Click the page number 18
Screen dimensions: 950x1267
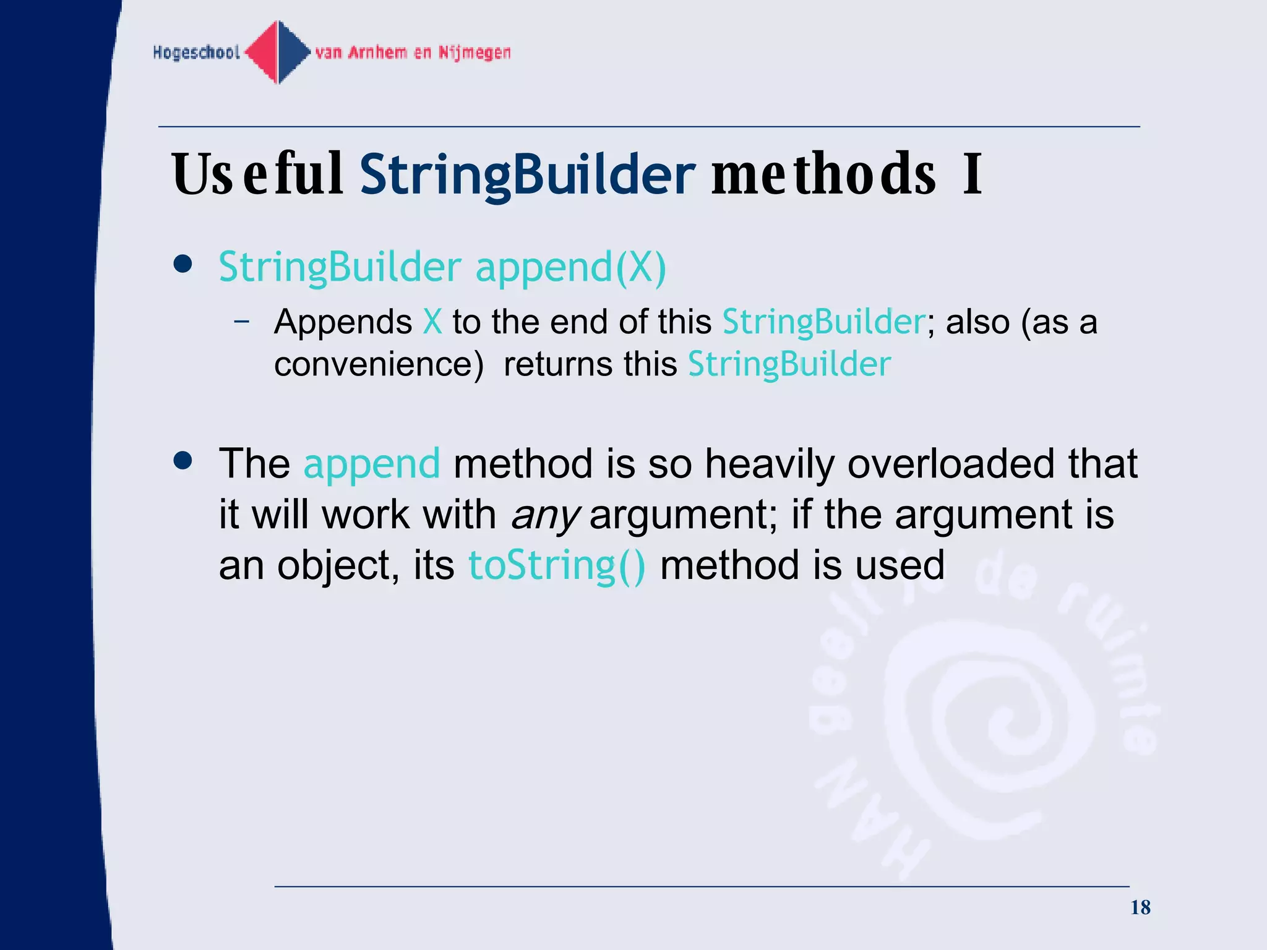[1140, 907]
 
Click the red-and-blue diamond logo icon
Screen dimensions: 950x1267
[278, 53]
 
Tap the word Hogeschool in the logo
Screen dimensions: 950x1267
[196, 53]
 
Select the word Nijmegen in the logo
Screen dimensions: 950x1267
[475, 53]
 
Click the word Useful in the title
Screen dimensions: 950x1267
[257, 174]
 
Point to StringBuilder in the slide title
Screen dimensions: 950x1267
[527, 174]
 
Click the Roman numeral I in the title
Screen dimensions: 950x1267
[973, 174]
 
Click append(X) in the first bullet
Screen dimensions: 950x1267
[570, 267]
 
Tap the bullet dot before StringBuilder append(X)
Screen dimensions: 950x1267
[183, 265]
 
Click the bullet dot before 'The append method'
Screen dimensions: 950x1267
[183, 461]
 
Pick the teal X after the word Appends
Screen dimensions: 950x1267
[432, 322]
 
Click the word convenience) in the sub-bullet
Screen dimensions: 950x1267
[379, 364]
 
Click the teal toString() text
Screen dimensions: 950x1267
[557, 565]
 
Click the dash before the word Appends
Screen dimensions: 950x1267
[242, 321]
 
